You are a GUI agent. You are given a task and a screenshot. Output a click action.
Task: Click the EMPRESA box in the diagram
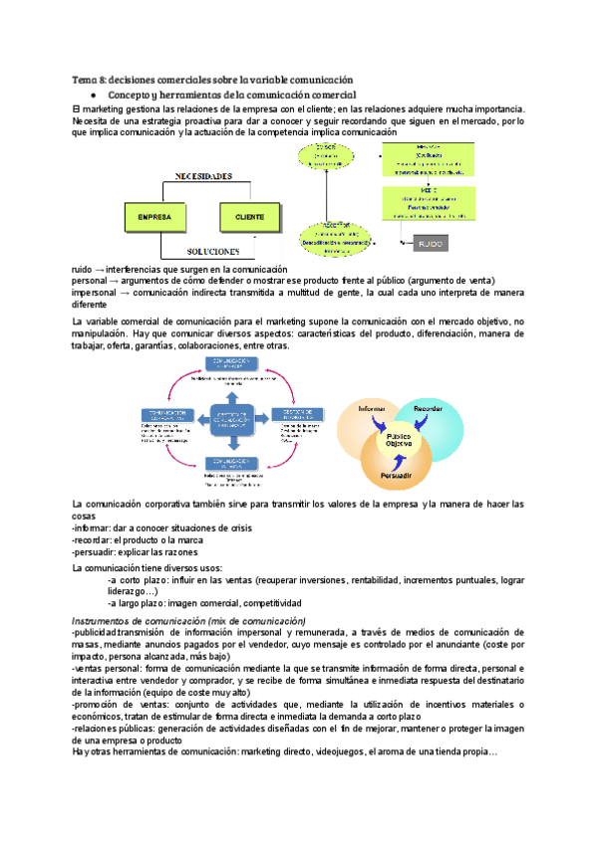[155, 215]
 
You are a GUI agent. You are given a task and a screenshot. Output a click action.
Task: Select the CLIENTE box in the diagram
[249, 215]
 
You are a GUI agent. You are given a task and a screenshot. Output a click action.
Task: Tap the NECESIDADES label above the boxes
[204, 176]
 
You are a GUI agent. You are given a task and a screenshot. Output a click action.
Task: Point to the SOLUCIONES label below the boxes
[204, 252]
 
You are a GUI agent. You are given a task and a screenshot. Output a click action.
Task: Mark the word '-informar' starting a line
[92, 527]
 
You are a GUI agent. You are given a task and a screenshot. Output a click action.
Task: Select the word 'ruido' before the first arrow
[85, 270]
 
